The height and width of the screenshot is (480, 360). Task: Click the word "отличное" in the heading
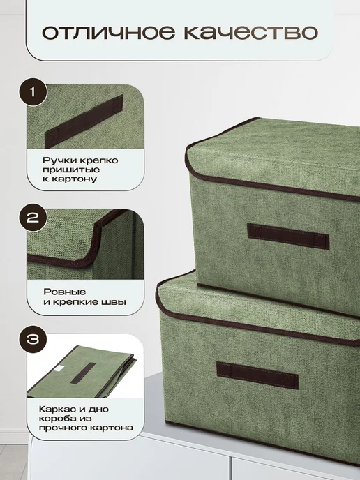[109, 32]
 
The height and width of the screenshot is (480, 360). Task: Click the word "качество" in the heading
[250, 32]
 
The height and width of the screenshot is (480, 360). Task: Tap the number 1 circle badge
[33, 92]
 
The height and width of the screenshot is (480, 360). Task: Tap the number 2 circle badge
[33, 218]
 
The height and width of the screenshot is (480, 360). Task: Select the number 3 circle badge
[33, 339]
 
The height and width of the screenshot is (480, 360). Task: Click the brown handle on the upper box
[288, 237]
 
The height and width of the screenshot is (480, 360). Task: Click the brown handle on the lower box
[257, 375]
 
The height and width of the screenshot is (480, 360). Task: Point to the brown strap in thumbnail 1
[84, 121]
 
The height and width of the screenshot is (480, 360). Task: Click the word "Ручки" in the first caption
[56, 160]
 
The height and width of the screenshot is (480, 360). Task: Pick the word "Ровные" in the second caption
[65, 292]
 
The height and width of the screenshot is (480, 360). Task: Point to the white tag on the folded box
[59, 369]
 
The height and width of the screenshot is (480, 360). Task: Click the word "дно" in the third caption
[98, 410]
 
